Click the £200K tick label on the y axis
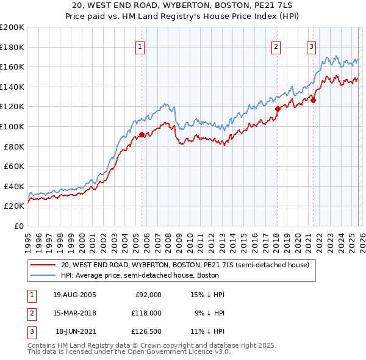coord(12,27)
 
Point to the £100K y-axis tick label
coord(12,127)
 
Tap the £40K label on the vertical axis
coord(14,186)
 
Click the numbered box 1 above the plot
coord(140,46)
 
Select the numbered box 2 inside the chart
coord(276,46)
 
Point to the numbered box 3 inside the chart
coord(311,46)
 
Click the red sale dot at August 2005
coord(142,134)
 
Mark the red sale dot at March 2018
coord(277,109)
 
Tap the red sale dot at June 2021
coord(312,101)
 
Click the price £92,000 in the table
coord(148,295)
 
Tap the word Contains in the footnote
coord(43,345)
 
